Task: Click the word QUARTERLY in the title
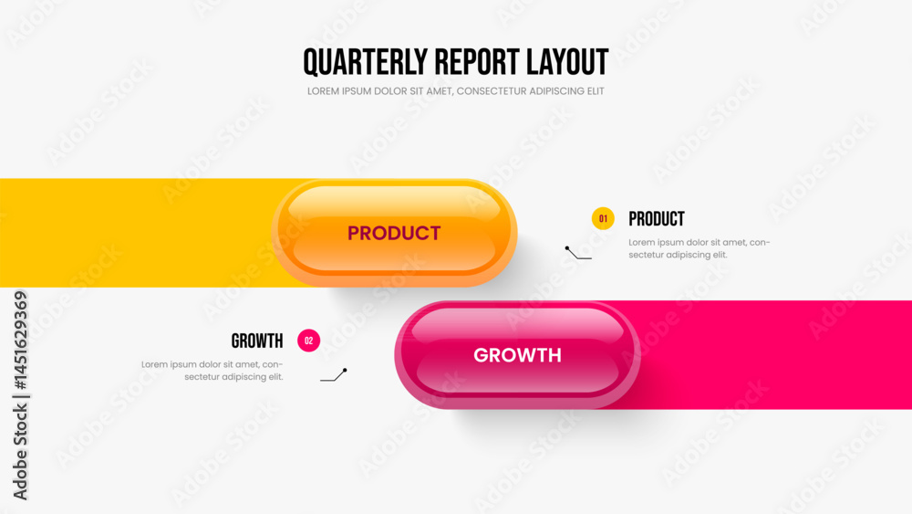tap(366, 63)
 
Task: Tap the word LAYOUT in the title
tap(567, 62)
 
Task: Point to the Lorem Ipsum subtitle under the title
tap(455, 91)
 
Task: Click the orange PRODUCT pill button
tap(394, 232)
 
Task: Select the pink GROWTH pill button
tap(518, 354)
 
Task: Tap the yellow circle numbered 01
tap(603, 219)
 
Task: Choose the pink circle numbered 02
tap(309, 341)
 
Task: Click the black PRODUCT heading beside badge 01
tap(657, 219)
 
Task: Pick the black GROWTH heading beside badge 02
tap(257, 341)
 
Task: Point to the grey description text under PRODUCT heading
tap(700, 248)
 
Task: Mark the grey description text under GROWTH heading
tap(212, 371)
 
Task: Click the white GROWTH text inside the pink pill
tap(518, 355)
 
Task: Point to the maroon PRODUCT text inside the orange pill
tap(394, 233)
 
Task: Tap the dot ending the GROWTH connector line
tap(345, 371)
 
